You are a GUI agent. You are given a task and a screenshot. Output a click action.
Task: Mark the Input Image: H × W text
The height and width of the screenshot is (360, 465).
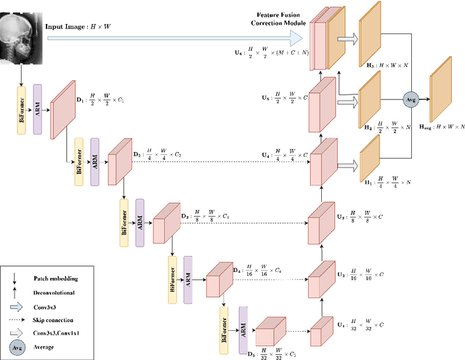[x=78, y=27]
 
